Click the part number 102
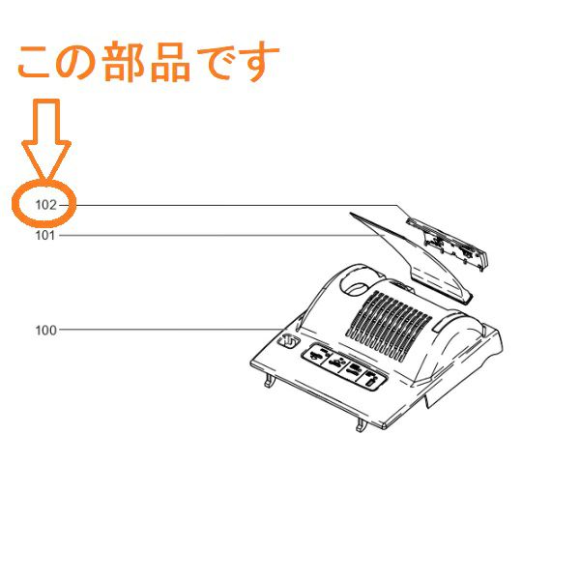[x=45, y=205]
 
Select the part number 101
[x=45, y=235]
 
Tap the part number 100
[x=45, y=331]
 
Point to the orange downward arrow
[x=46, y=140]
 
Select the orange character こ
[x=34, y=62]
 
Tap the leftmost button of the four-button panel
[x=315, y=355]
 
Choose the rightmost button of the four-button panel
[x=372, y=380]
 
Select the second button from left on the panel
[x=334, y=362]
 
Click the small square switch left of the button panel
[x=287, y=340]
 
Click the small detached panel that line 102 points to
[x=449, y=245]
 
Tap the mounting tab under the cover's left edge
[x=270, y=380]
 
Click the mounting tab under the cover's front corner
[x=361, y=425]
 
